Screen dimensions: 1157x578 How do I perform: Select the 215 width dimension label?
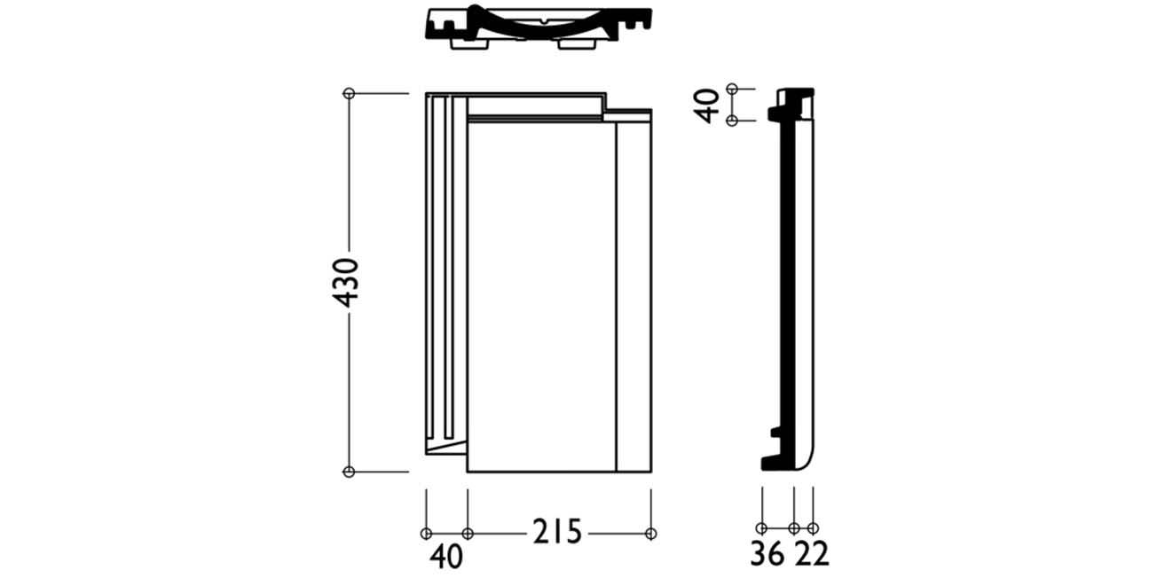557,532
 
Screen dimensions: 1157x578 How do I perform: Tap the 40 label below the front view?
446,558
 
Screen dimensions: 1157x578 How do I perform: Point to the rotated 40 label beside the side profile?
707,105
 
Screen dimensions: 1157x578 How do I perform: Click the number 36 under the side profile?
767,553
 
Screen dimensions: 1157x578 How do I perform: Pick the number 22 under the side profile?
812,553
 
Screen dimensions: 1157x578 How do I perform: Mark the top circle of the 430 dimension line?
350,93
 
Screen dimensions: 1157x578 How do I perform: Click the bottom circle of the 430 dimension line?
350,472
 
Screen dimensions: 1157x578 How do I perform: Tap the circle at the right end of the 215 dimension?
651,534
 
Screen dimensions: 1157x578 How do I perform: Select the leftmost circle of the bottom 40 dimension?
426,534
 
